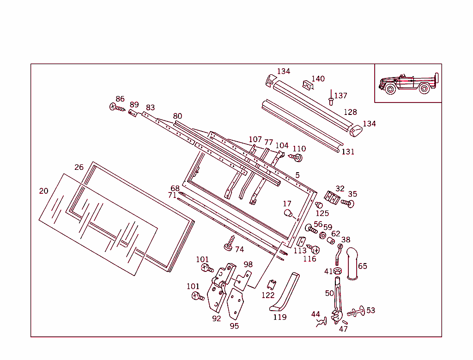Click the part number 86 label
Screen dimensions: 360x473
[x=120, y=99]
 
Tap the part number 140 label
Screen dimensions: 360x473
[x=318, y=79]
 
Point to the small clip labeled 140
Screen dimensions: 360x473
[x=307, y=84]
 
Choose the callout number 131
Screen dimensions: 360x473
[x=348, y=152]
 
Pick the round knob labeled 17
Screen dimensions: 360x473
[x=288, y=214]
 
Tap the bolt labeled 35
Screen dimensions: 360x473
[x=348, y=203]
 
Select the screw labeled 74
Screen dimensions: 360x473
[x=229, y=243]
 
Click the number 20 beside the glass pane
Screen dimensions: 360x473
[x=43, y=191]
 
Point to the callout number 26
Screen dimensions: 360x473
[x=79, y=167]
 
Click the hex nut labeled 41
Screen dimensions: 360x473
[x=337, y=271]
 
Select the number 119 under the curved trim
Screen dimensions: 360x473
[x=279, y=317]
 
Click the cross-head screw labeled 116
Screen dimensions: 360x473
[x=315, y=250]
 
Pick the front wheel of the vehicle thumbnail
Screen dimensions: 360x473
[x=390, y=89]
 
